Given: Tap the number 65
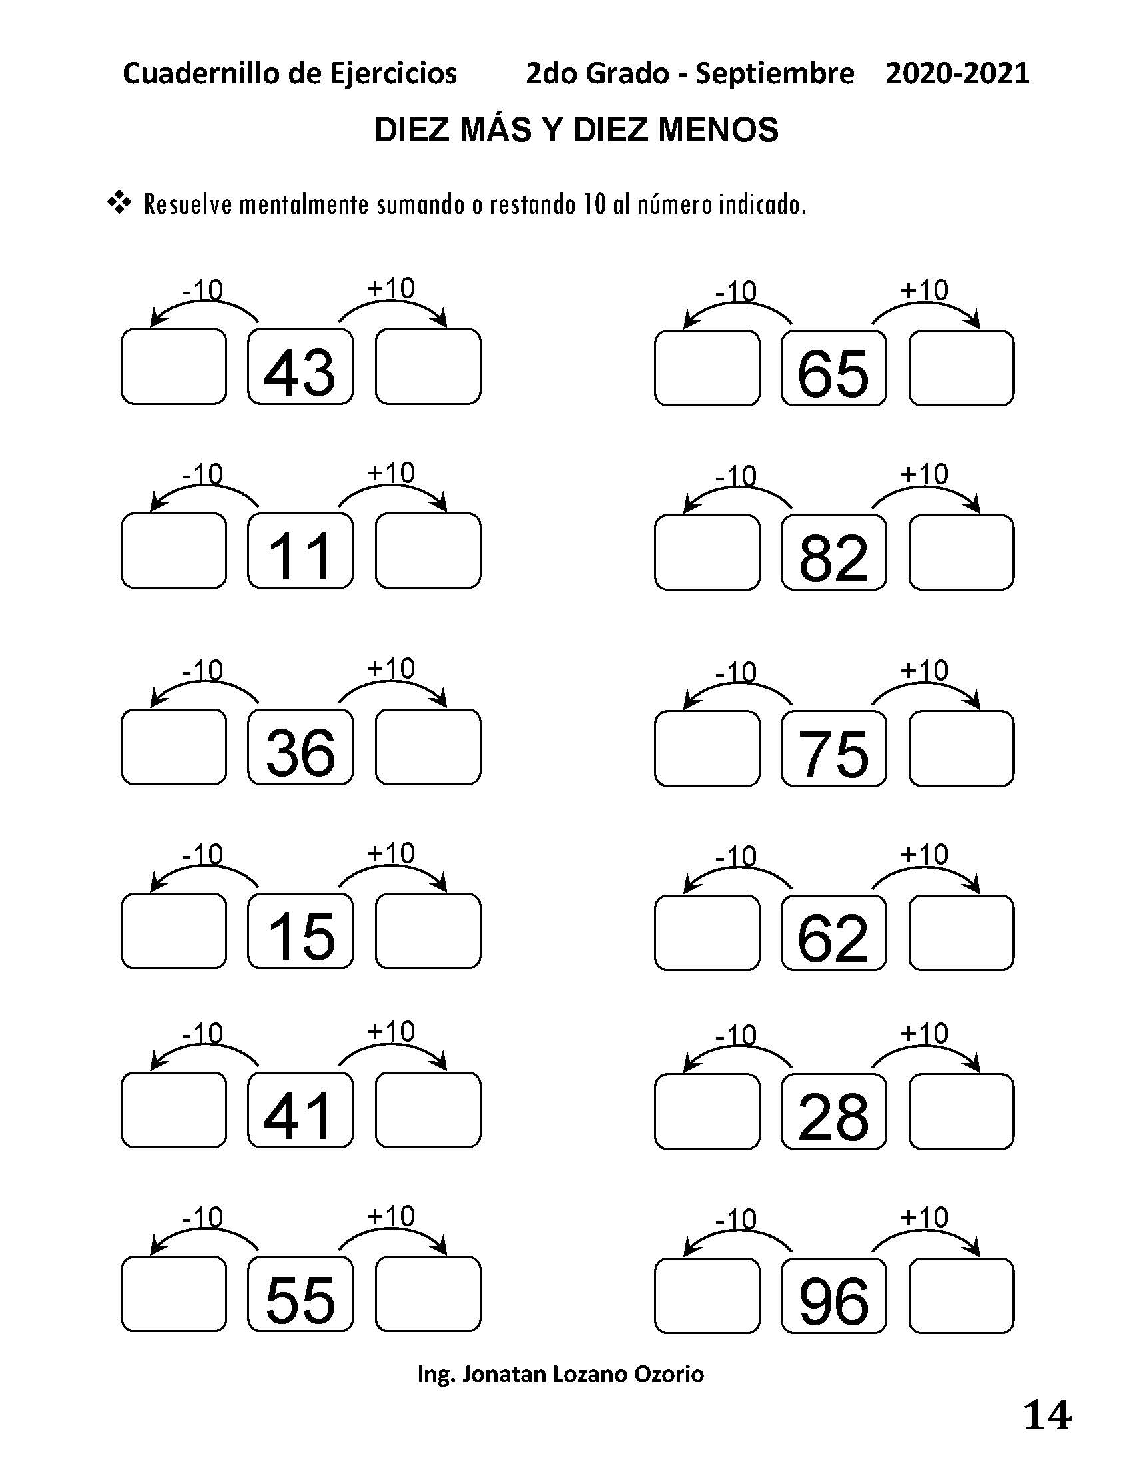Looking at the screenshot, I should [833, 372].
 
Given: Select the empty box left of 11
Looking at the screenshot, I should [174, 550].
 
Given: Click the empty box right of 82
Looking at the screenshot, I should [960, 552].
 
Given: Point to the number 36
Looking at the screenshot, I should [300, 752].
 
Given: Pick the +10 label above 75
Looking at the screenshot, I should [924, 669].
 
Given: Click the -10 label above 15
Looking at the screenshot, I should [202, 854].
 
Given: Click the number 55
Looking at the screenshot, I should [300, 1299].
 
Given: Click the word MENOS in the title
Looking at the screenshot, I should [718, 129].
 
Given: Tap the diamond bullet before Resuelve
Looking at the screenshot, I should [119, 203].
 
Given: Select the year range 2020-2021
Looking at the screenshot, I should [956, 73].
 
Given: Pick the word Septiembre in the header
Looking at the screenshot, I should [774, 73].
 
